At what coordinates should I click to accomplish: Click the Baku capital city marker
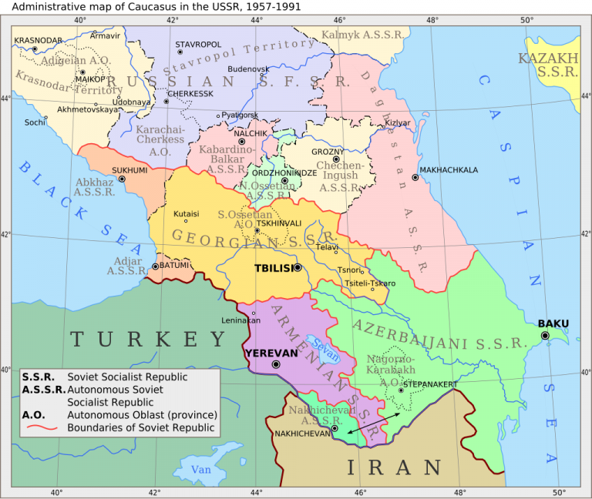545,335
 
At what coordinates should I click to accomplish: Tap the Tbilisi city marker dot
298,268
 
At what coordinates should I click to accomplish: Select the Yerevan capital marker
274,363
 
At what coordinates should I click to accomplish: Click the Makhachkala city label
449,170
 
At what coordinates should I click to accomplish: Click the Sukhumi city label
129,170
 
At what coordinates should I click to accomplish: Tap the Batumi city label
174,266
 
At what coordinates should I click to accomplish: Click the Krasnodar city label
38,40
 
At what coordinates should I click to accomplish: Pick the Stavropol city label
198,45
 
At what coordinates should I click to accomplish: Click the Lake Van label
201,470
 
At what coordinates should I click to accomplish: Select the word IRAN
394,467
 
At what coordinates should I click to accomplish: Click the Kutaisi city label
187,213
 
